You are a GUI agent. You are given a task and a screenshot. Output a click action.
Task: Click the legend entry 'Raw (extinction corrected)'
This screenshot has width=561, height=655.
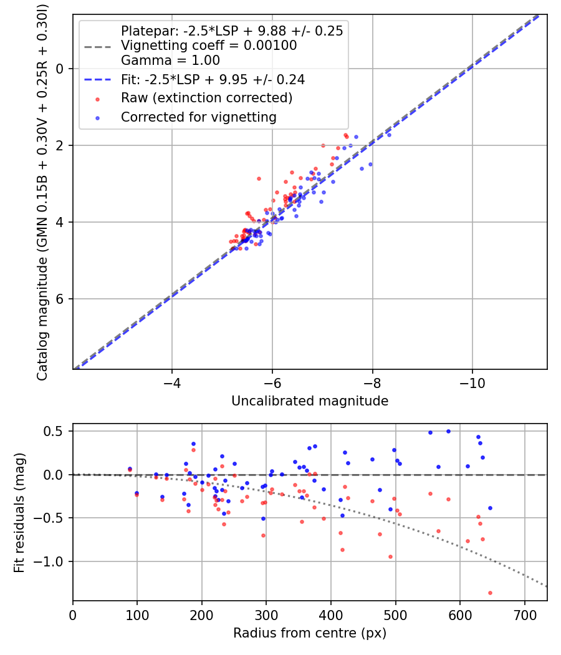pos(206,98)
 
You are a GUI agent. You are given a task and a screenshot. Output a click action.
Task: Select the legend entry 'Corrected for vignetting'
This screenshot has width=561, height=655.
pos(198,117)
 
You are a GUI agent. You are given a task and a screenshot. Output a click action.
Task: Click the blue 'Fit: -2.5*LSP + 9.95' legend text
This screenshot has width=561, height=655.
pos(213,79)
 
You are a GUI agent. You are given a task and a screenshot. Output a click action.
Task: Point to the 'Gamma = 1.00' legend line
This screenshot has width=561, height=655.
pos(170,61)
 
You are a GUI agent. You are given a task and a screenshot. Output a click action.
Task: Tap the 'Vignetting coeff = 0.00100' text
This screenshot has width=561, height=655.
pos(209,46)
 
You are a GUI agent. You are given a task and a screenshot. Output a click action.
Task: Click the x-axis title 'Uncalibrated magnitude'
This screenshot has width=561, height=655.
pos(310,401)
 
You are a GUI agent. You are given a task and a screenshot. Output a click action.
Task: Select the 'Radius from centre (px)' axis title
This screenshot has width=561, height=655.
pos(310,633)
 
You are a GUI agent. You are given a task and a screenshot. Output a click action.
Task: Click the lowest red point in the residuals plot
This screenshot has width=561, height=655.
pos(490,593)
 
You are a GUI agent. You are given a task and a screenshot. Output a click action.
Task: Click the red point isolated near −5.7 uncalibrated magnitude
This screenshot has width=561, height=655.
pos(259,178)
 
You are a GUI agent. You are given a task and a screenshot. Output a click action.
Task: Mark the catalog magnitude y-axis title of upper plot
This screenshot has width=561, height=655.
pos(42,190)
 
